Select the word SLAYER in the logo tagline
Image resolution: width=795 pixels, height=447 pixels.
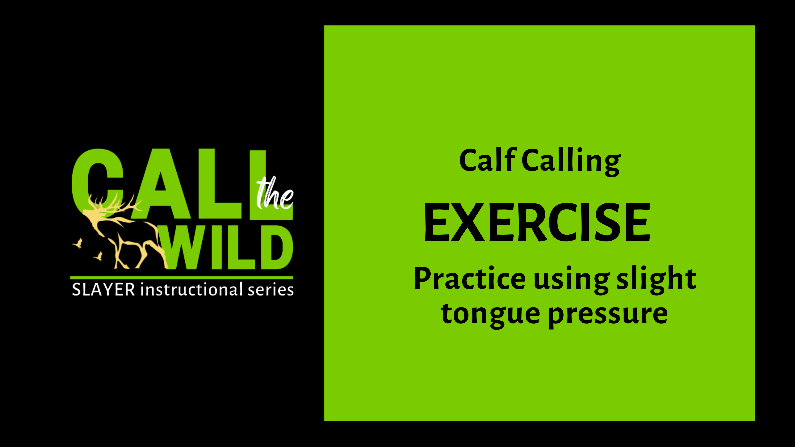click(x=103, y=290)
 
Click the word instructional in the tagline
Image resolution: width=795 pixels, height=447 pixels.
click(x=191, y=290)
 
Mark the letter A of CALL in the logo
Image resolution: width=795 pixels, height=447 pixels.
click(x=160, y=185)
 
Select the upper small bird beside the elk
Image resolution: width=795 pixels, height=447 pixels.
click(x=78, y=243)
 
